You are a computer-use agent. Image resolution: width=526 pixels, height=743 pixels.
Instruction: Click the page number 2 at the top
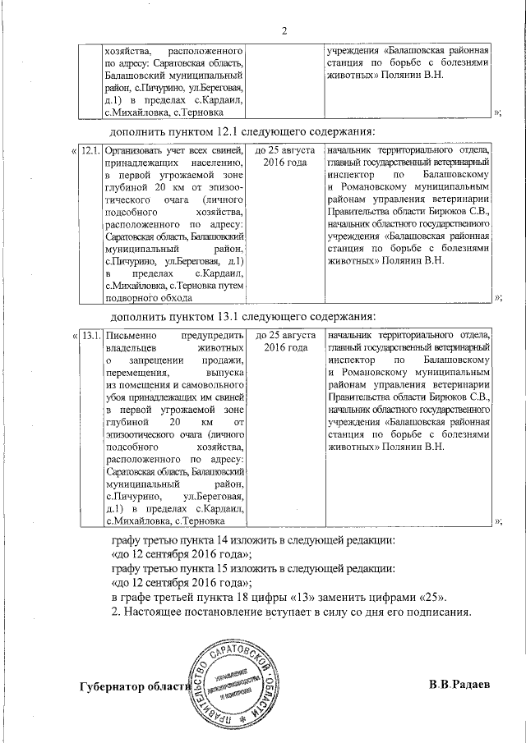(x=284, y=32)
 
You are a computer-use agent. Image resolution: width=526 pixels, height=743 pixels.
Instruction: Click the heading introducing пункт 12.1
(x=242, y=132)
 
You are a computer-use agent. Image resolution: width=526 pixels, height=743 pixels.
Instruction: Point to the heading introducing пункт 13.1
(x=242, y=316)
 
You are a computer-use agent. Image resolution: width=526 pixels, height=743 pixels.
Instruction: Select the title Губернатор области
(x=135, y=686)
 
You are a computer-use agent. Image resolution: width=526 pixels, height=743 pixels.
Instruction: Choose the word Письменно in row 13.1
(x=123, y=335)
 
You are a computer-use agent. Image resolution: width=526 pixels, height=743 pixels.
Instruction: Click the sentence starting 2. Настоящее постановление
(x=291, y=612)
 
